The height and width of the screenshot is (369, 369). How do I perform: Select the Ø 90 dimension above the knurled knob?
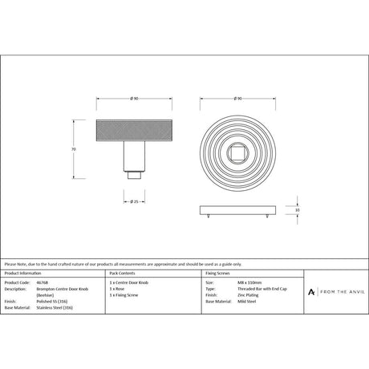tap(134, 99)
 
